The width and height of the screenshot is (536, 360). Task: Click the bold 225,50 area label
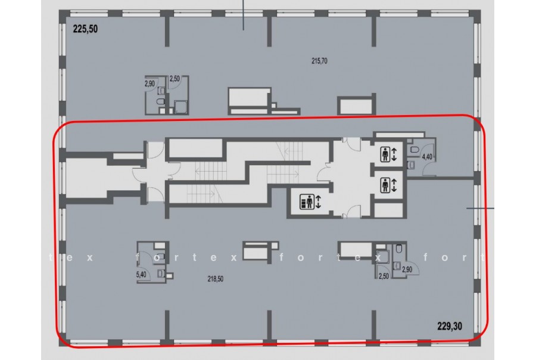[85, 29]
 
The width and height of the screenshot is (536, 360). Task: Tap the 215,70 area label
[319, 61]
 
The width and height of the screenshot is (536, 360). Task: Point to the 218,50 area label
[216, 279]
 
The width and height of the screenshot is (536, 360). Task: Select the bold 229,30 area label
[450, 326]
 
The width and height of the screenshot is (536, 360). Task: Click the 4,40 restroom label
[427, 157]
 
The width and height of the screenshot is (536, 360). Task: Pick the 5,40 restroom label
[141, 274]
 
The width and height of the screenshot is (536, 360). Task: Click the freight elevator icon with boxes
[307, 201]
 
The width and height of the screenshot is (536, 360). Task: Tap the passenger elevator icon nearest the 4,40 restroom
[385, 154]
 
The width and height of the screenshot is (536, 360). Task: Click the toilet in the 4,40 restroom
[415, 150]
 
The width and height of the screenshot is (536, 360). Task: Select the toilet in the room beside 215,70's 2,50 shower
[160, 102]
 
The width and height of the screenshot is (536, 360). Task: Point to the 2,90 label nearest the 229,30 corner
[407, 269]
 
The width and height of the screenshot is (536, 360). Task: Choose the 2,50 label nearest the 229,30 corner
[384, 276]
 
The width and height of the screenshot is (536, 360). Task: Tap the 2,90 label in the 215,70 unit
[149, 83]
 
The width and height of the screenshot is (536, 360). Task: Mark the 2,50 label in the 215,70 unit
[174, 79]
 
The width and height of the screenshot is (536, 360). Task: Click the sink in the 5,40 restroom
[161, 274]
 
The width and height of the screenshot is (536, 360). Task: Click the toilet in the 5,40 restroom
[161, 256]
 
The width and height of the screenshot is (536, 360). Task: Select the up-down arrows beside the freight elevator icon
[319, 201]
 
